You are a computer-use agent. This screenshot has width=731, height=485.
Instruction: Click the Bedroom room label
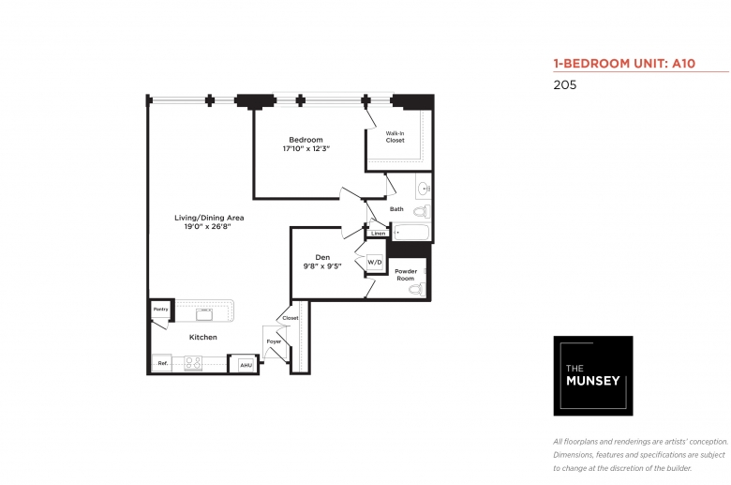point(306,140)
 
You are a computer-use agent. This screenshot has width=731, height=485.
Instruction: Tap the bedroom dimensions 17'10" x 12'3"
point(306,149)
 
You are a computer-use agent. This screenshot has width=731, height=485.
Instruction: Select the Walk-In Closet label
point(395,137)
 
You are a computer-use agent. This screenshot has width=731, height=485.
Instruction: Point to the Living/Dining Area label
point(209,218)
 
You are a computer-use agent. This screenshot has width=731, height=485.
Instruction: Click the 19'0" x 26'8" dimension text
point(207,227)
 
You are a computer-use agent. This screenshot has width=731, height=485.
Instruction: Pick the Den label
point(322,257)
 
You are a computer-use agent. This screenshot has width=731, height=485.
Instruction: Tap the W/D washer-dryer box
point(375,263)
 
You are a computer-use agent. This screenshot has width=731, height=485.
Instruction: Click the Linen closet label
point(378,233)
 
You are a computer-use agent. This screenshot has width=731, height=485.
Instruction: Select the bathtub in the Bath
point(410,233)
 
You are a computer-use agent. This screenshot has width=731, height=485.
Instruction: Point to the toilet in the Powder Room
point(417,290)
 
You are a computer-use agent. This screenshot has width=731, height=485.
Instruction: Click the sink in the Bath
point(424,189)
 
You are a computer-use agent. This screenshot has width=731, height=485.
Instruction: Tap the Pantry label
point(161,310)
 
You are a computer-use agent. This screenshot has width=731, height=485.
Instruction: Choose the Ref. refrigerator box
point(162,363)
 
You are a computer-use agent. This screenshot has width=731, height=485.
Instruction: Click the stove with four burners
point(193,363)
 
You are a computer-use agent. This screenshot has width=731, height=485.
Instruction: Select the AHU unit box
point(246,365)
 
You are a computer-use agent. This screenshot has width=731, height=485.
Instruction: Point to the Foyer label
point(274,341)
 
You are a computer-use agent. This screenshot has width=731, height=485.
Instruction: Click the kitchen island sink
point(204,313)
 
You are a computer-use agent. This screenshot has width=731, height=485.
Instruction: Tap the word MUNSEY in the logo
point(593,381)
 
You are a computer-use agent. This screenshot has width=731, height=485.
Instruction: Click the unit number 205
point(565,85)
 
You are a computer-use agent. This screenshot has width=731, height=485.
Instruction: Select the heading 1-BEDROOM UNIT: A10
point(624,64)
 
